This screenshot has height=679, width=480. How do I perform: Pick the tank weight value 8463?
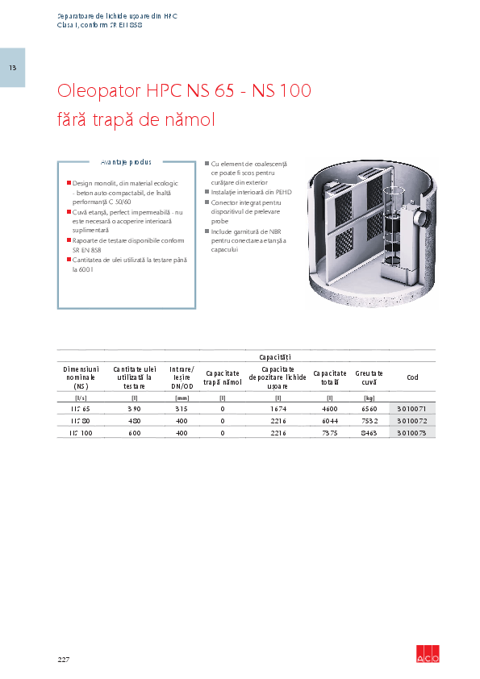point(369,433)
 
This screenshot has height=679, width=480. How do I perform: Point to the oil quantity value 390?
point(135,410)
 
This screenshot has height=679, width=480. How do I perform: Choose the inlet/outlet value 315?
point(182,410)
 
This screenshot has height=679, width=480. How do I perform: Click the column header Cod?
point(412,377)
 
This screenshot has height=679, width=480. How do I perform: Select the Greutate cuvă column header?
point(369,377)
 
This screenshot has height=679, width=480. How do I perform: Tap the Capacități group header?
point(274,356)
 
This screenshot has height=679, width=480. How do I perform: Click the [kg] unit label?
point(369,398)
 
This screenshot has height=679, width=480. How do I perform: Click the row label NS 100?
point(80,433)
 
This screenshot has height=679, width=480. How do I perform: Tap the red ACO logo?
point(428,655)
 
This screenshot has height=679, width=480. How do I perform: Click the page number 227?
point(64,660)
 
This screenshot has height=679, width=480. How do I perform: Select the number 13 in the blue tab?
point(12,67)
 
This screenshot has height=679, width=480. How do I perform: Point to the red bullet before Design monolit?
point(69,183)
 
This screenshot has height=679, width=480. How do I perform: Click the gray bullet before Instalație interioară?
point(207,193)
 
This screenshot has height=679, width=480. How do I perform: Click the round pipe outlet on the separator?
point(419,216)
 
